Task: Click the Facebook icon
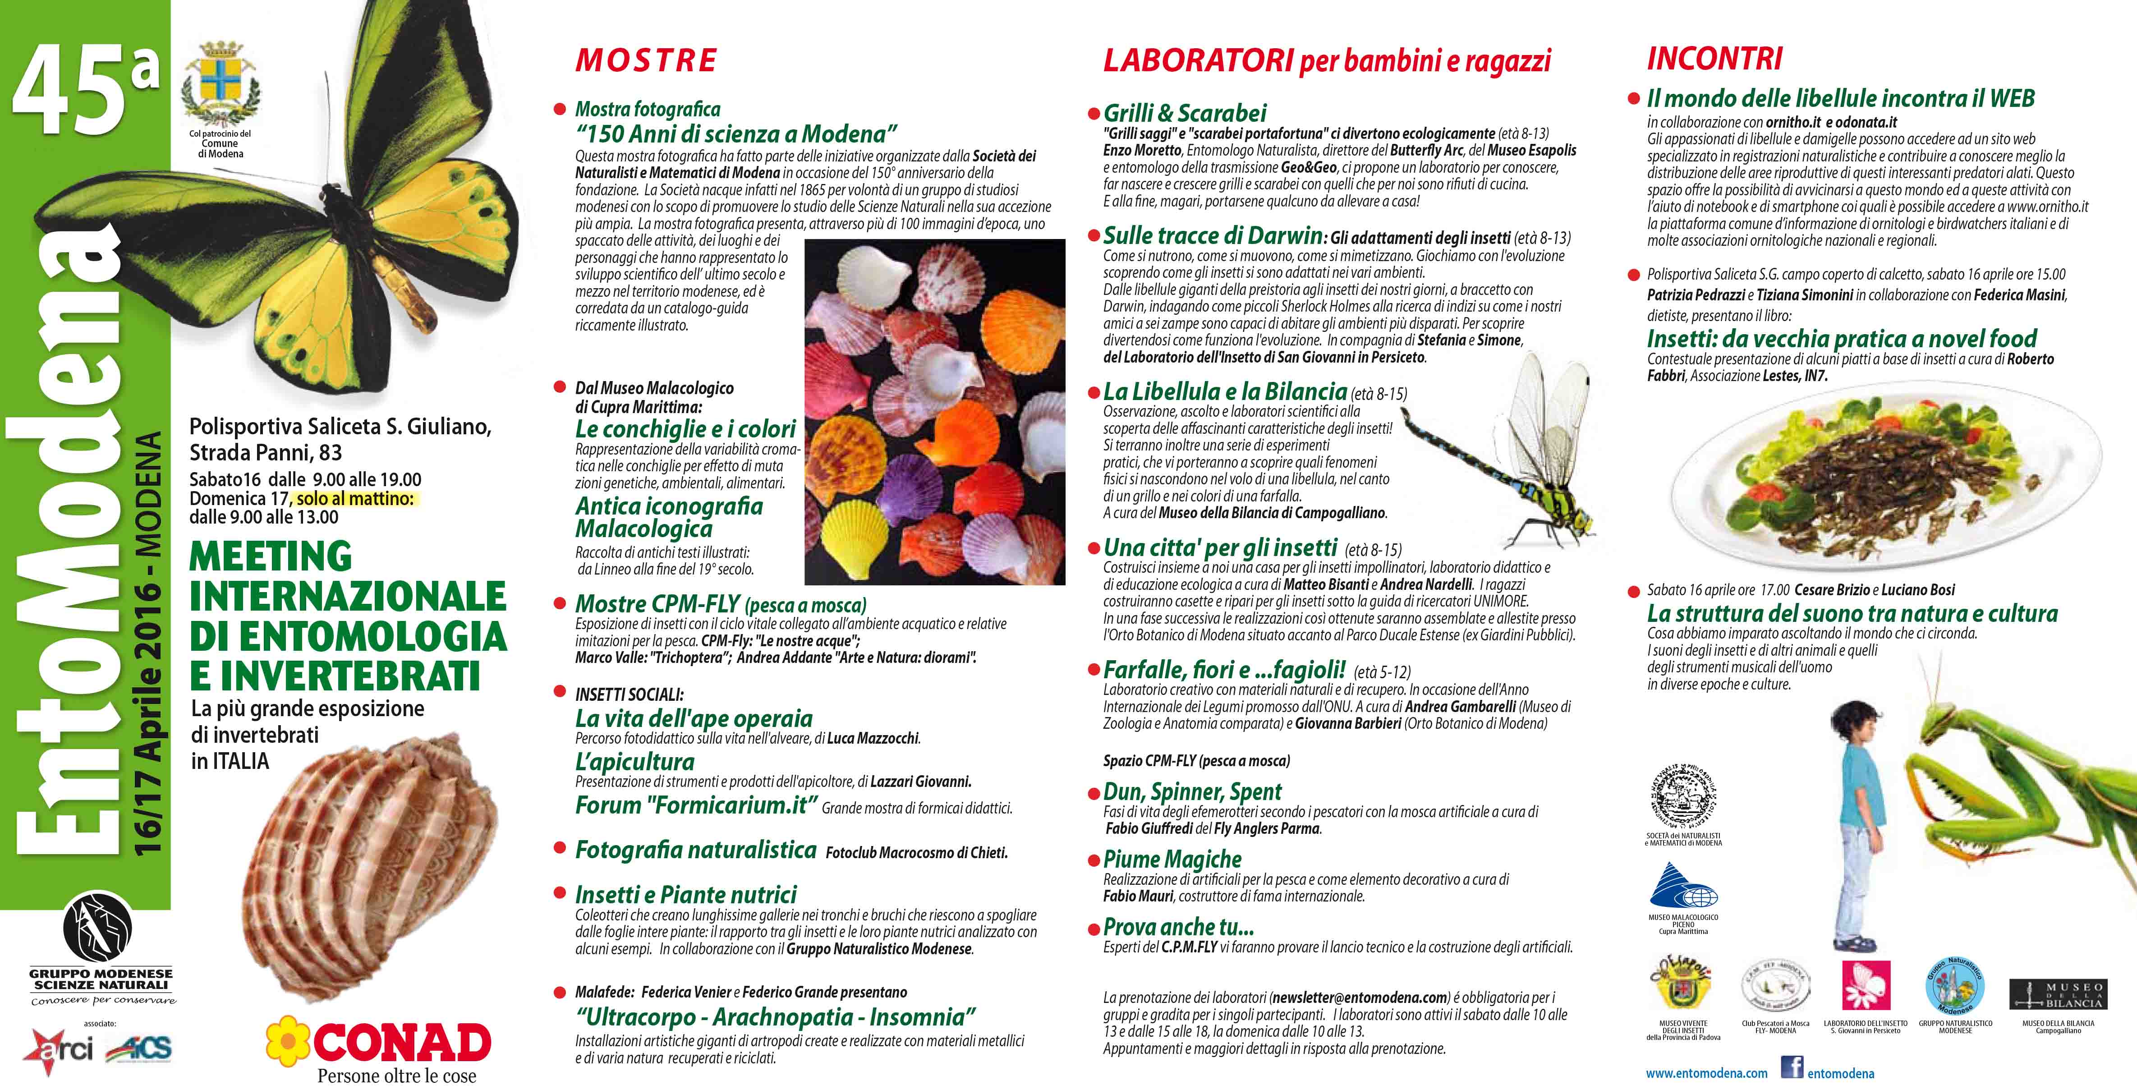tap(1793, 1067)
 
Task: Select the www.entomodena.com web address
tap(1706, 1072)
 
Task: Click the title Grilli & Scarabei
tap(1185, 113)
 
